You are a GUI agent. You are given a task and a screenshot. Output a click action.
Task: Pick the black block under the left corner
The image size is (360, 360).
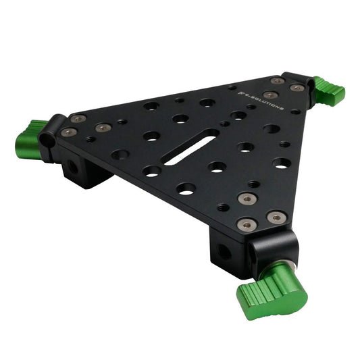click(86, 172)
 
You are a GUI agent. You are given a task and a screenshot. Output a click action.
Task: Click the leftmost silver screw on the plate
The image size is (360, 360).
click(68, 133)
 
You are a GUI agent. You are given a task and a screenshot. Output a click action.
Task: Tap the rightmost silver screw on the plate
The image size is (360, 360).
click(297, 88)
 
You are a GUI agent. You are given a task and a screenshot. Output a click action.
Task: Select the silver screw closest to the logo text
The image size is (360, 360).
click(269, 95)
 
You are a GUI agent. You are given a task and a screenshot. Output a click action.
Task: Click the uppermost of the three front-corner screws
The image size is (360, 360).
click(247, 199)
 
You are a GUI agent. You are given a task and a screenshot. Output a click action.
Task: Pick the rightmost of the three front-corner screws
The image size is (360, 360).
click(277, 217)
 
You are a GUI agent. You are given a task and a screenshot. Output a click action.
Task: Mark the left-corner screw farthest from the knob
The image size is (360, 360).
click(103, 128)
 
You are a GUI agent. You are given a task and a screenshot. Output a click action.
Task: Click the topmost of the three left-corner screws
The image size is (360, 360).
click(78, 119)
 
